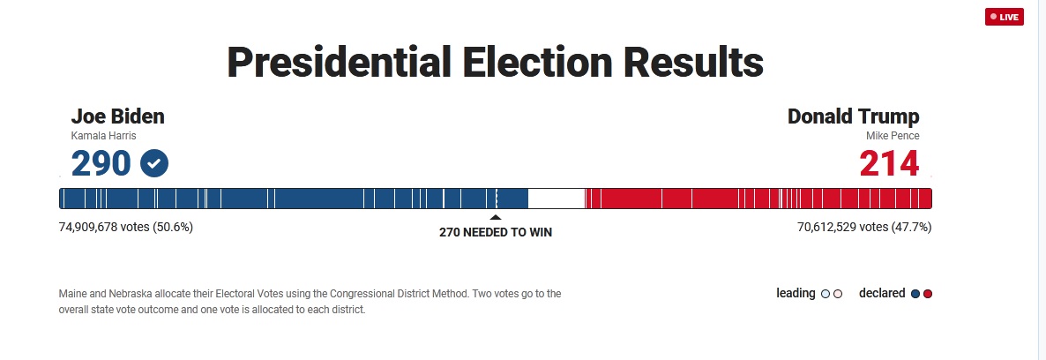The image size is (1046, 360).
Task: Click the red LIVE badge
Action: pyautogui.click(x=1004, y=17)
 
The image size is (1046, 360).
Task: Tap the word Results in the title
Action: pyautogui.click(x=693, y=62)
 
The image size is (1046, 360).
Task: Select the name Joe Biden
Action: pyautogui.click(x=117, y=116)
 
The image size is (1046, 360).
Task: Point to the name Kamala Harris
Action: pyautogui.click(x=103, y=136)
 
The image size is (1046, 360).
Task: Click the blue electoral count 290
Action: pyautogui.click(x=101, y=163)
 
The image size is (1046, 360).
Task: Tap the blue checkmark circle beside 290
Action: pyautogui.click(x=154, y=163)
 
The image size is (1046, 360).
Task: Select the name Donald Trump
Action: pyautogui.click(x=853, y=116)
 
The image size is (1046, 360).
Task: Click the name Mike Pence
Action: pyautogui.click(x=893, y=136)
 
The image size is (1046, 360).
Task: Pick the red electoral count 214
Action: pyautogui.click(x=889, y=163)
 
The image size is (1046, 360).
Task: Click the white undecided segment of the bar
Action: pyautogui.click(x=557, y=199)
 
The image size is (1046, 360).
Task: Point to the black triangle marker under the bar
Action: pyautogui.click(x=495, y=217)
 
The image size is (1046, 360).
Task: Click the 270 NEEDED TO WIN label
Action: pyautogui.click(x=496, y=232)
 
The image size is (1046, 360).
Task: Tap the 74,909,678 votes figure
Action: pyautogui.click(x=126, y=227)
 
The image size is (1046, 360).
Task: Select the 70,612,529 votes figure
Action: pyautogui.click(x=864, y=227)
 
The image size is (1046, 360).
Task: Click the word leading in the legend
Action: pyautogui.click(x=796, y=293)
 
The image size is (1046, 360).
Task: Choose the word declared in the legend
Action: pyautogui.click(x=882, y=293)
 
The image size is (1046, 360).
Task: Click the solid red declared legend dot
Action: pyautogui.click(x=927, y=294)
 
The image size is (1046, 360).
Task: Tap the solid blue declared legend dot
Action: pyautogui.click(x=915, y=294)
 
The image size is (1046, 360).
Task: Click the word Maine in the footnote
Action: pyautogui.click(x=72, y=294)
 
